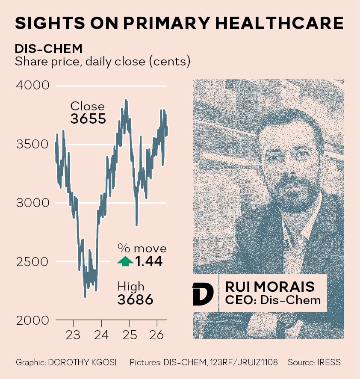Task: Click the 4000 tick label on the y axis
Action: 32,85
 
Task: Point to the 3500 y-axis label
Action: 32,144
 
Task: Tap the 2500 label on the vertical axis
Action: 32,262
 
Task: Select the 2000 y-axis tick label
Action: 32,320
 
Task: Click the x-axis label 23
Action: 73,335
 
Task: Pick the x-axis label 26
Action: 156,335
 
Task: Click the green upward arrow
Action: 125,261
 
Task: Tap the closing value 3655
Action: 88,118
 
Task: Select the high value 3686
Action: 135,299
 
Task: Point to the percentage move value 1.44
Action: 149,261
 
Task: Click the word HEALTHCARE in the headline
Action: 279,23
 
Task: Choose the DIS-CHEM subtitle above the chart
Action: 49,49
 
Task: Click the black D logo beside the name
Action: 203,294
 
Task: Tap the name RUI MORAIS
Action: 270,287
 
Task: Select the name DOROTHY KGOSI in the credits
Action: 83,362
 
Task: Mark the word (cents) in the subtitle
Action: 170,62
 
